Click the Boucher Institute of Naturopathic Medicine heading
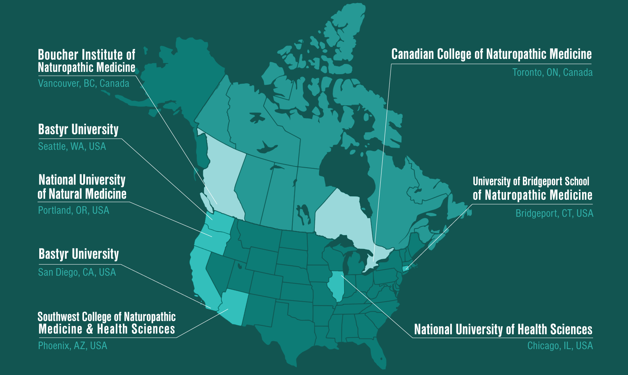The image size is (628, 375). (86, 61)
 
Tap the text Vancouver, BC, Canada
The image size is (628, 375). (84, 83)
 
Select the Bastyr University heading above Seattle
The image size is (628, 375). (78, 130)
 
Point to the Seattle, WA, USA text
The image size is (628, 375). (72, 146)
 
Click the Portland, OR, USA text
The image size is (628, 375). (73, 210)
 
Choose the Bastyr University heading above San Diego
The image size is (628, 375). (78, 254)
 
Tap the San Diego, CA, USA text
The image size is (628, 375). (77, 272)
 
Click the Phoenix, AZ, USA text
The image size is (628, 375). (73, 346)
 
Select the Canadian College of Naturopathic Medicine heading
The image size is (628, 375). (491, 54)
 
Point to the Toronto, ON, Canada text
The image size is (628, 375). (552, 73)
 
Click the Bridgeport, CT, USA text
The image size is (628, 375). (554, 214)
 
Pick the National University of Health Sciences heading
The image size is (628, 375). (503, 329)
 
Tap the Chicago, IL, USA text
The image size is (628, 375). (560, 346)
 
